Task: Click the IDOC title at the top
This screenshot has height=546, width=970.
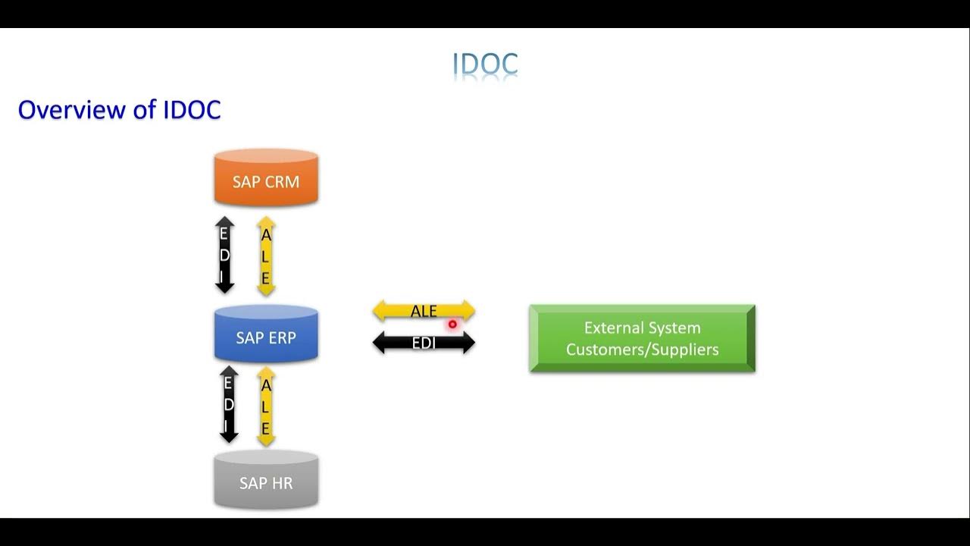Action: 485,65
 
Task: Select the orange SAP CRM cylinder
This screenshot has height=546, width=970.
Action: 266,179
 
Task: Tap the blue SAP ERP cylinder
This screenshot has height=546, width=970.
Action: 266,335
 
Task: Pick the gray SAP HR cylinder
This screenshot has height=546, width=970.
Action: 266,481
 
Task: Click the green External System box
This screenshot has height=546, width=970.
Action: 642,338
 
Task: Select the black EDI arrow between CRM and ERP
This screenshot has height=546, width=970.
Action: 225,256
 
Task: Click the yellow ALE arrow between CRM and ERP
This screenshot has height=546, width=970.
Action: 265,256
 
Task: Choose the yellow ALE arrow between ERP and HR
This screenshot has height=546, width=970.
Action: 265,406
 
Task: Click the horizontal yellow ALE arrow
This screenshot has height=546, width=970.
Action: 424,312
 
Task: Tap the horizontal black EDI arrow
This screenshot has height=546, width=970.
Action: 424,344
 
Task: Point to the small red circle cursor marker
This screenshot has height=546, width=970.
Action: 452,325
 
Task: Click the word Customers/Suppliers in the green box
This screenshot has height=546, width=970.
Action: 642,350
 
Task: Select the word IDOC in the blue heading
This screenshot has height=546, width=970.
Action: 192,110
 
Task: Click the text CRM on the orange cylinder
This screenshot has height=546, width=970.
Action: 282,182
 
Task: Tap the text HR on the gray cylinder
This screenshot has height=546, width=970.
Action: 281,483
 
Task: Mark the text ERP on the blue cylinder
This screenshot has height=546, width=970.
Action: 283,337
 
